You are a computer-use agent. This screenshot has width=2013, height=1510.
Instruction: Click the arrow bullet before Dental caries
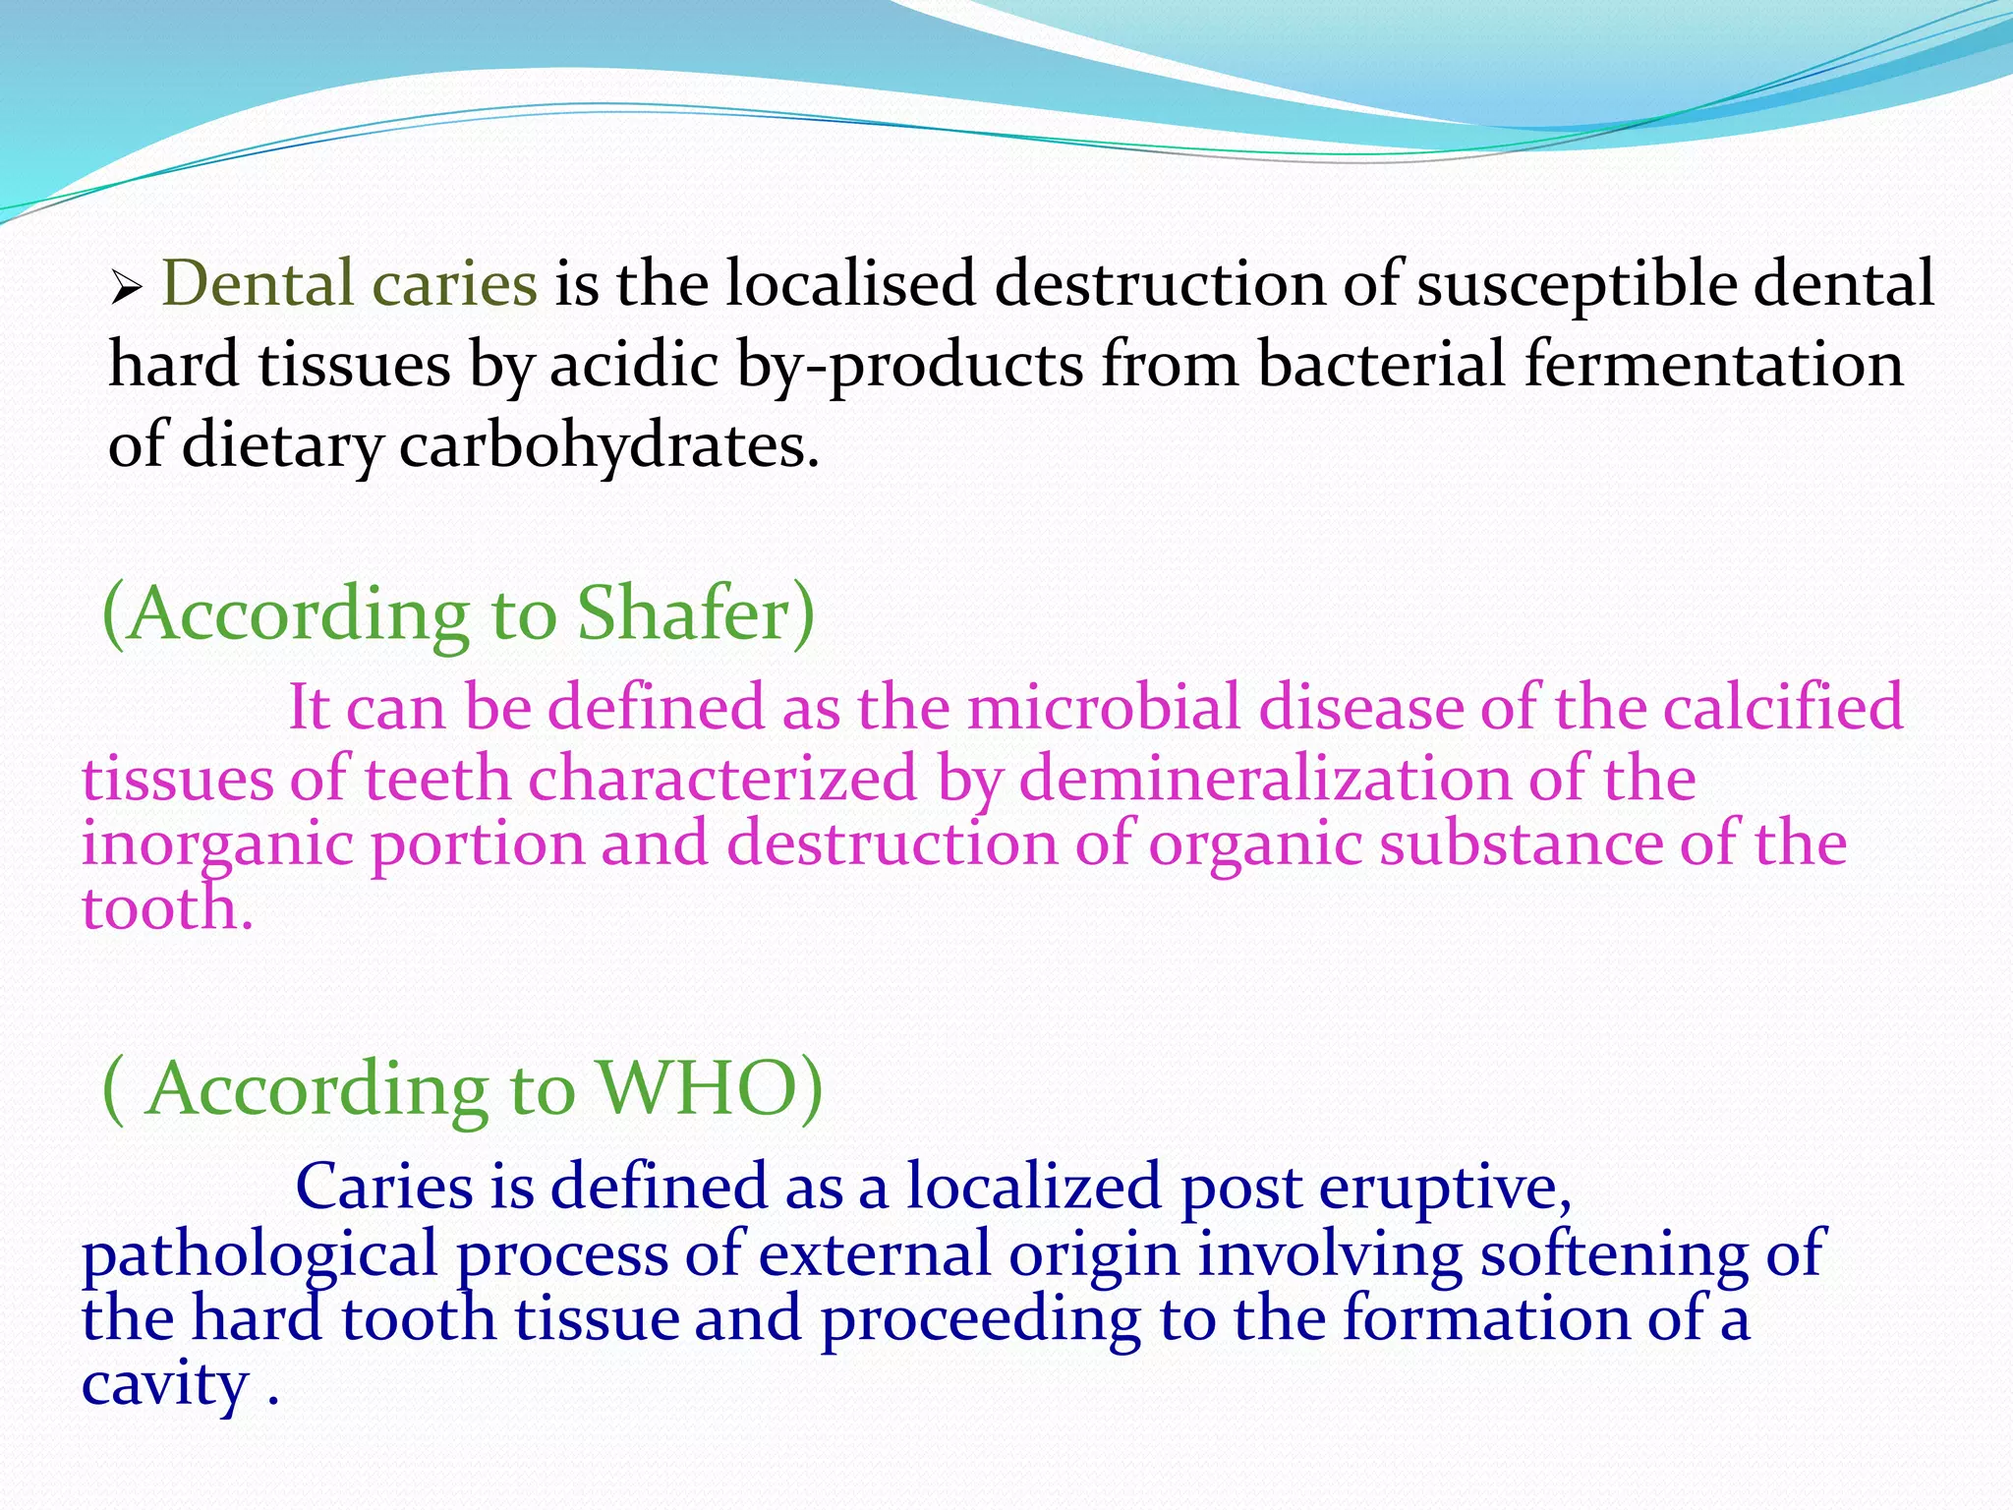pos(127,289)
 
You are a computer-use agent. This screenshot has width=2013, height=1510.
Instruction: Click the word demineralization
pos(1264,779)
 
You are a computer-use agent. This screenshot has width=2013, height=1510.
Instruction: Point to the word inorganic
pos(216,845)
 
